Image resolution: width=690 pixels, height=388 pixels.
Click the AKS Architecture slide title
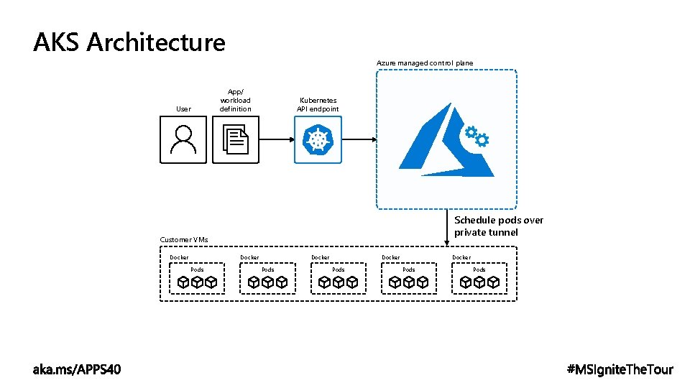pyautogui.click(x=129, y=42)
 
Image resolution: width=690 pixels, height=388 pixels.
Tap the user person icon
pyautogui.click(x=183, y=139)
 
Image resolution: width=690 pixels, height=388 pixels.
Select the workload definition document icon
pyautogui.click(x=236, y=139)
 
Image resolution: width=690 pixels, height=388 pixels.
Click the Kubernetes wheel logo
pyautogui.click(x=318, y=139)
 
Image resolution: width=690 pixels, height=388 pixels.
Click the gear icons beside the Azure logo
pyautogui.click(x=477, y=136)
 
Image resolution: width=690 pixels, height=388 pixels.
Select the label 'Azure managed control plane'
pyautogui.click(x=425, y=63)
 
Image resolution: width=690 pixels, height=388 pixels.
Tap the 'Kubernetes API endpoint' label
pyautogui.click(x=318, y=105)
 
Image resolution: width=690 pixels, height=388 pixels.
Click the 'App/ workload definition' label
pyautogui.click(x=236, y=101)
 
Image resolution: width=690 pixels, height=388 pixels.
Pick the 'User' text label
pyautogui.click(x=183, y=109)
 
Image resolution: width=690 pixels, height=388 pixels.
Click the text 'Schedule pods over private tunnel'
pyautogui.click(x=499, y=226)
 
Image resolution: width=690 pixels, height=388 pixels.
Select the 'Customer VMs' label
pyautogui.click(x=183, y=239)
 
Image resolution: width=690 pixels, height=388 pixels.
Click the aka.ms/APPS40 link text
pyautogui.click(x=78, y=369)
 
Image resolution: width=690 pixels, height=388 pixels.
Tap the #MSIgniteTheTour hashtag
pyautogui.click(x=620, y=369)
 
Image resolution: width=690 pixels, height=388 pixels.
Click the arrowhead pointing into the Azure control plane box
pyautogui.click(x=374, y=139)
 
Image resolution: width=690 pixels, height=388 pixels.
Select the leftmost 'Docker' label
pyautogui.click(x=179, y=257)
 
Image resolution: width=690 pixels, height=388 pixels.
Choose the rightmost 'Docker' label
pyautogui.click(x=461, y=257)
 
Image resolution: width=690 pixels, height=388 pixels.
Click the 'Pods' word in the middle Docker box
pyautogui.click(x=339, y=269)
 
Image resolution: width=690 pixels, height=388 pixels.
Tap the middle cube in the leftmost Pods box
pyautogui.click(x=198, y=282)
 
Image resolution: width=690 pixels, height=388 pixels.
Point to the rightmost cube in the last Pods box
pyautogui.click(x=494, y=282)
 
